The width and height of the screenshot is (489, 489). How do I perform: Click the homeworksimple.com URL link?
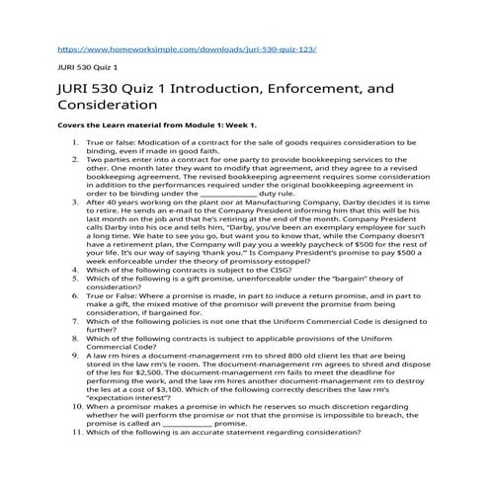(188, 46)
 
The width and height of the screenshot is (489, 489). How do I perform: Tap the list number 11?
(72, 433)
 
